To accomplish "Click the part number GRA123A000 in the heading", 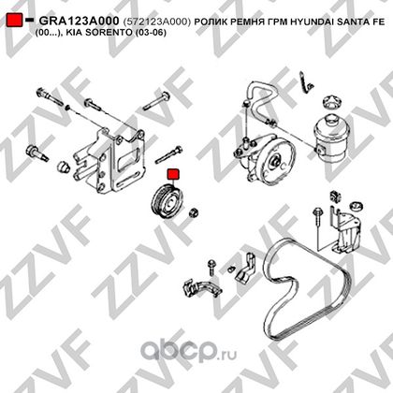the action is pyautogui.click(x=79, y=21).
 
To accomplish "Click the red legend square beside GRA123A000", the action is pyautogui.click(x=15, y=20).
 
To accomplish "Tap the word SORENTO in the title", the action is pyautogui.click(x=109, y=32).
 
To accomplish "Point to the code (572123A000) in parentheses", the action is pyautogui.click(x=156, y=22).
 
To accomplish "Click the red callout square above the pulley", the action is pyautogui.click(x=173, y=175).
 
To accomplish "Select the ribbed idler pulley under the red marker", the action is pyautogui.click(x=167, y=202).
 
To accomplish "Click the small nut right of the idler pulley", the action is pyautogui.click(x=194, y=212).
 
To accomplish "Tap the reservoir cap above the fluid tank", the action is pyautogui.click(x=330, y=101).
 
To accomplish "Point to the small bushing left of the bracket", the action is pyautogui.click(x=64, y=167).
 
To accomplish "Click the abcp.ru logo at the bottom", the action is pyautogui.click(x=188, y=352).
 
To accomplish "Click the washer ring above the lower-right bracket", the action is pyautogui.click(x=357, y=206).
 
